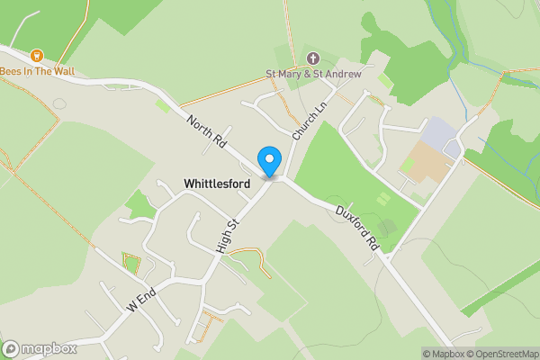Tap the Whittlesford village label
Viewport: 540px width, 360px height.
(x=217, y=183)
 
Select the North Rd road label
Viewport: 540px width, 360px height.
(x=206, y=132)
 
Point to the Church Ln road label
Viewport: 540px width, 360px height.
(x=308, y=117)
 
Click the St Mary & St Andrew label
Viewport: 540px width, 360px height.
(x=312, y=74)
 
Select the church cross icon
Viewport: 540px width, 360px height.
(x=312, y=58)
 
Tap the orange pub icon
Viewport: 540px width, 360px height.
(x=37, y=55)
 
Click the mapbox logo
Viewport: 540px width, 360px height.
(x=39, y=348)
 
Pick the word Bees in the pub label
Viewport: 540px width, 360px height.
(x=13, y=71)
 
